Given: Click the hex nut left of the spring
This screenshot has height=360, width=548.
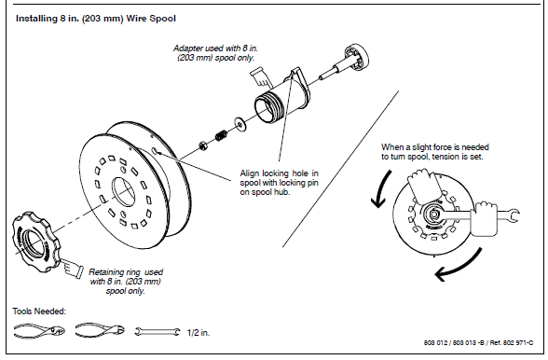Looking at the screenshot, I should pyautogui.click(x=204, y=145).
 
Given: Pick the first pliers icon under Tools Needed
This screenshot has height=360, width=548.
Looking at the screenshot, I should pyautogui.click(x=36, y=330).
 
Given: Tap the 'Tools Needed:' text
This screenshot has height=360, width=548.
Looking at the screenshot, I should pyautogui.click(x=38, y=310).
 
